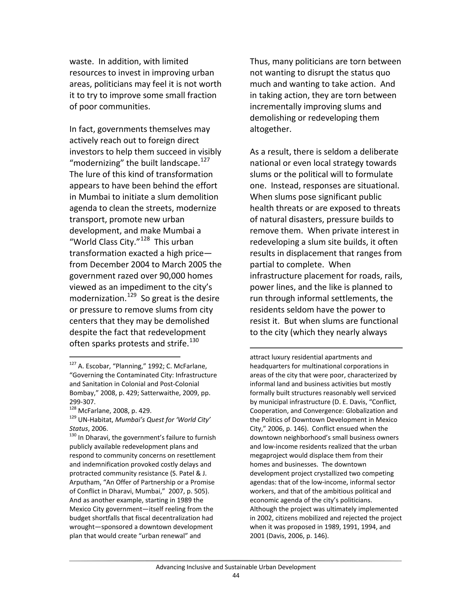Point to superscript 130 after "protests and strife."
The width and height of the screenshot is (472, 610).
click(x=194, y=340)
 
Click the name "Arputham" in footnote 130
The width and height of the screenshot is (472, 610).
click(x=83, y=482)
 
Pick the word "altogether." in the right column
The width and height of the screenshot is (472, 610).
click(x=270, y=129)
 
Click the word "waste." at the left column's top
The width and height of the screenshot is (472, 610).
click(x=82, y=62)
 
